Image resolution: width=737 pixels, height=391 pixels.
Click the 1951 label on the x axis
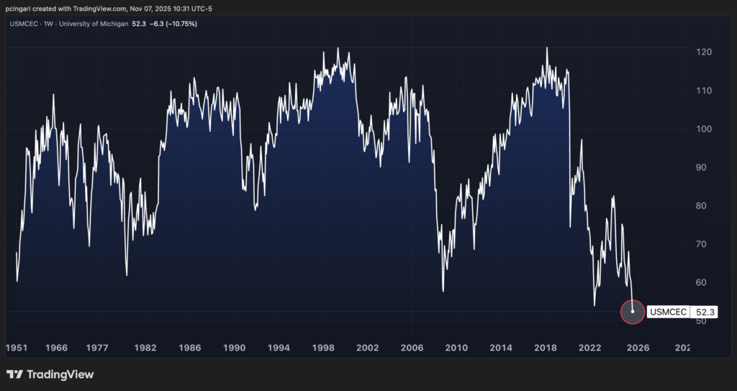[18, 348]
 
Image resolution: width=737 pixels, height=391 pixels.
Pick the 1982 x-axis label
[145, 348]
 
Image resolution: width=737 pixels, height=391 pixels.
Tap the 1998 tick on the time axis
[323, 348]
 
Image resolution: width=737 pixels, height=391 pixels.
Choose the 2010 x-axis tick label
[456, 348]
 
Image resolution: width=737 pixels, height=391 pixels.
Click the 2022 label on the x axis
[589, 348]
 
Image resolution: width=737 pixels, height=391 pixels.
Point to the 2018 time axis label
[545, 348]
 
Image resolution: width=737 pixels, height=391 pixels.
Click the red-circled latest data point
[632, 312]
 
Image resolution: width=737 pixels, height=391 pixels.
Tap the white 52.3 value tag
[705, 313]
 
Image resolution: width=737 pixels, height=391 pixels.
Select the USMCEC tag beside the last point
[668, 313]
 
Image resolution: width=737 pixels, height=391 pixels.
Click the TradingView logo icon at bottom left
[14, 374]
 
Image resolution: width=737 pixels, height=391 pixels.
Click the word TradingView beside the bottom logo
[60, 374]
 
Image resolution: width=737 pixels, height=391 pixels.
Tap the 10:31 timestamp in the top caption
[165, 9]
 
